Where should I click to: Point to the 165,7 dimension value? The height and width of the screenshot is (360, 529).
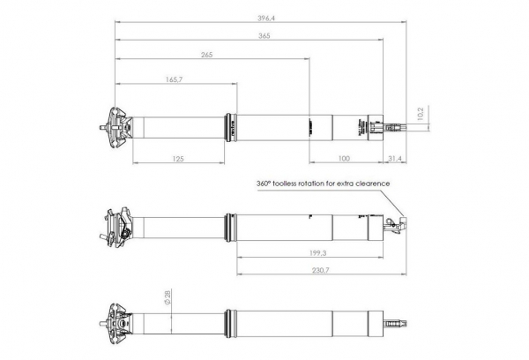pos(174,79)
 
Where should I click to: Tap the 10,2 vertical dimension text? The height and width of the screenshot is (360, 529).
pos(421,114)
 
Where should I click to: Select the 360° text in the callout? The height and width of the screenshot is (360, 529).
pos(263,184)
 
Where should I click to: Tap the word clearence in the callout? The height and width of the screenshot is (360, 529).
pos(370,184)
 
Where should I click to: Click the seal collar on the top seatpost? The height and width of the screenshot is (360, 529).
pos(232,126)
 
